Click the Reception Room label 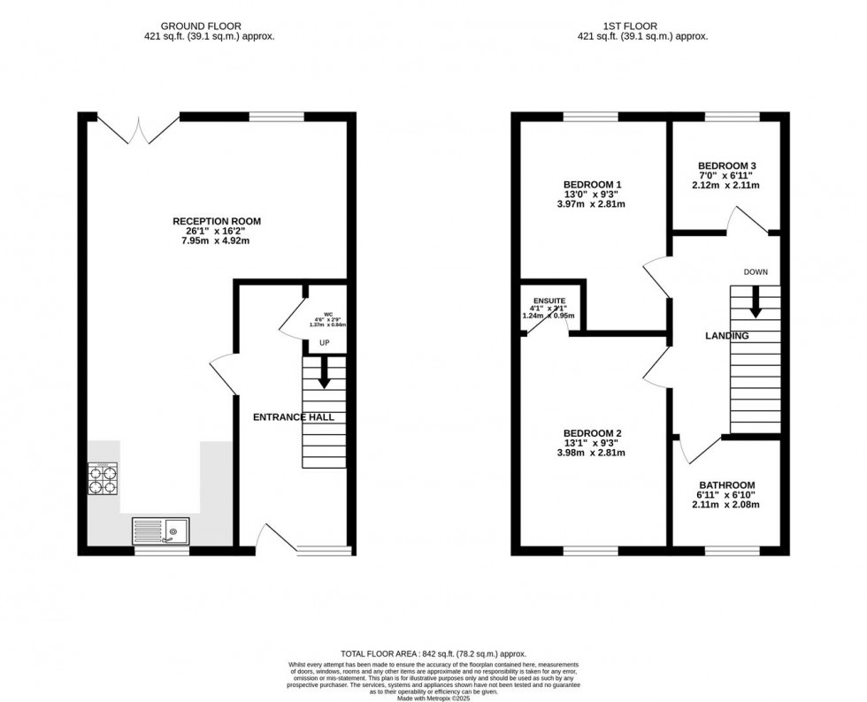[217, 221]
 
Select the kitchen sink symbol [160, 530]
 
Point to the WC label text [327, 314]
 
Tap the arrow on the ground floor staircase [324, 372]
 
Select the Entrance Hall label [294, 416]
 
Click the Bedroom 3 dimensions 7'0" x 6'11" [726, 175]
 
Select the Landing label [726, 336]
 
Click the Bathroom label [726, 485]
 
